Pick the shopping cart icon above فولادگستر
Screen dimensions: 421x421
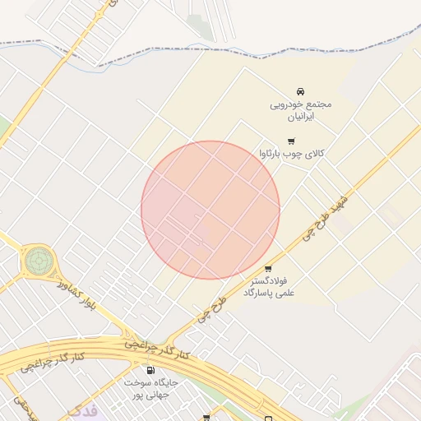(268, 269)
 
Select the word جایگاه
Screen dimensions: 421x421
(163, 383)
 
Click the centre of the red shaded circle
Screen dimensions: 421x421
(210, 210)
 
